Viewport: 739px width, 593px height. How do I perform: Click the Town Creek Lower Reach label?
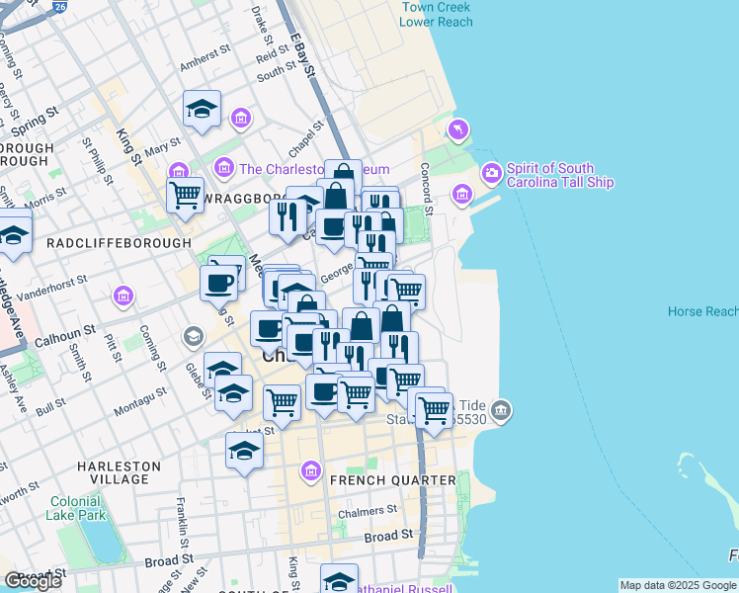click(x=436, y=14)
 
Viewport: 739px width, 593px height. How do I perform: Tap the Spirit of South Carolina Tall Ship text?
click(x=559, y=175)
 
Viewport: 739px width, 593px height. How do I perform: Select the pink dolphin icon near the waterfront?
click(x=459, y=129)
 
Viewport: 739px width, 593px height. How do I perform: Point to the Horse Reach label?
click(x=702, y=311)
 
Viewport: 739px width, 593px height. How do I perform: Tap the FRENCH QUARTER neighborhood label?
click(x=393, y=480)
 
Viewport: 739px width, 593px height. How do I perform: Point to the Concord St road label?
click(x=427, y=188)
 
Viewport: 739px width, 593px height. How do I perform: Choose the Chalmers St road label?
click(x=367, y=512)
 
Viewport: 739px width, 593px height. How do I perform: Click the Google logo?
click(x=33, y=581)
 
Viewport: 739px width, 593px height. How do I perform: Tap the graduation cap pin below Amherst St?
click(x=203, y=111)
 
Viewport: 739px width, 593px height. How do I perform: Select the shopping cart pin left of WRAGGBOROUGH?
click(x=184, y=196)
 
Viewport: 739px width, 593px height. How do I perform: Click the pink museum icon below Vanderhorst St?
click(x=123, y=295)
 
